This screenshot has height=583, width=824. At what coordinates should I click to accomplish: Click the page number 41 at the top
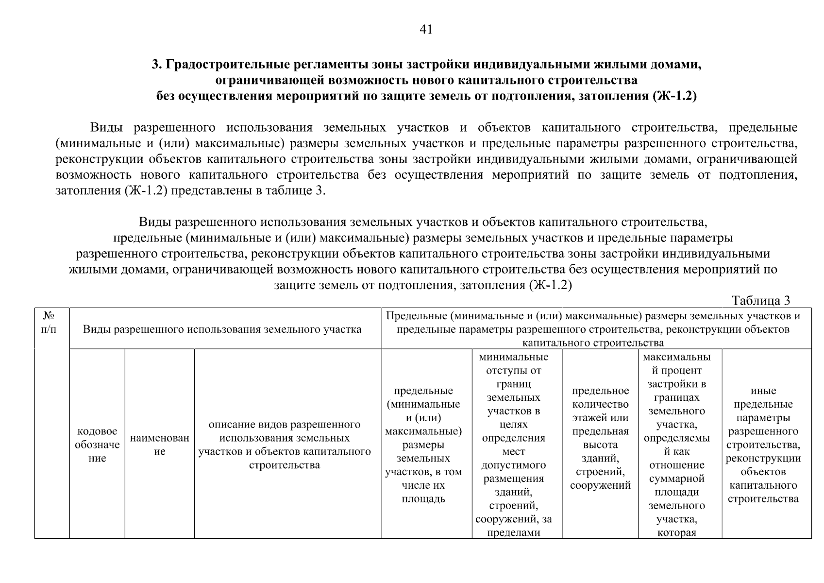click(x=425, y=30)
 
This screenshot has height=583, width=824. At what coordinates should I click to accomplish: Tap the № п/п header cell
click(x=49, y=323)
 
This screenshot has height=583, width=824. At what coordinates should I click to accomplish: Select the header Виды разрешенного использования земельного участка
click(x=222, y=329)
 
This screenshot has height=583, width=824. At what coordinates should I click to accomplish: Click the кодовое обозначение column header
click(x=97, y=445)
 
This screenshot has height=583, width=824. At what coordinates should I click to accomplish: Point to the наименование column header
click(x=159, y=445)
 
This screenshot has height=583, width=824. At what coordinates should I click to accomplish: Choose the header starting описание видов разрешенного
click(x=285, y=445)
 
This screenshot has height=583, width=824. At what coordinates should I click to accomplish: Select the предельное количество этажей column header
click(x=600, y=437)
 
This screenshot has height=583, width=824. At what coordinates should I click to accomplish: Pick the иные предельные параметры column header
click(x=763, y=445)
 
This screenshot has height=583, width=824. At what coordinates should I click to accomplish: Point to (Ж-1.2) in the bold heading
click(x=674, y=96)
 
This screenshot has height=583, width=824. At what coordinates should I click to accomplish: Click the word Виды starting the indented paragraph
click(x=106, y=128)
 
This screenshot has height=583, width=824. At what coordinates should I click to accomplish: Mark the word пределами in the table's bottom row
click(x=513, y=532)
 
